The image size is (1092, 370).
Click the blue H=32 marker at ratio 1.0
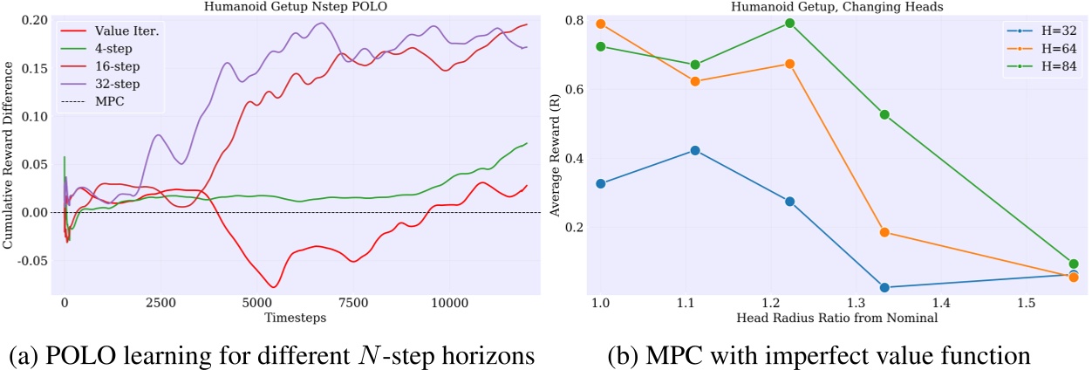[x=600, y=184]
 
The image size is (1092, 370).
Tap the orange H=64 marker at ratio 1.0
[x=600, y=24]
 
